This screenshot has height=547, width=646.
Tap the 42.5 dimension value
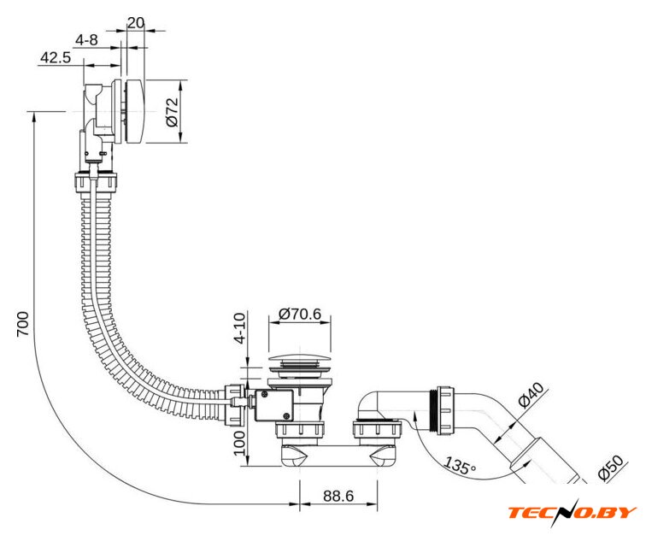click(56, 58)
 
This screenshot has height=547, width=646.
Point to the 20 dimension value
click(135, 22)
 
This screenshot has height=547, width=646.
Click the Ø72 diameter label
click(172, 112)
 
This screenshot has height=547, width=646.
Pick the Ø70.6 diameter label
click(300, 314)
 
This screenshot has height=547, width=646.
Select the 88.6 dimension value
click(338, 494)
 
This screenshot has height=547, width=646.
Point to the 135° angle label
click(461, 467)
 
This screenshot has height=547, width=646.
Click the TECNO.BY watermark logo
click(572, 513)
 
